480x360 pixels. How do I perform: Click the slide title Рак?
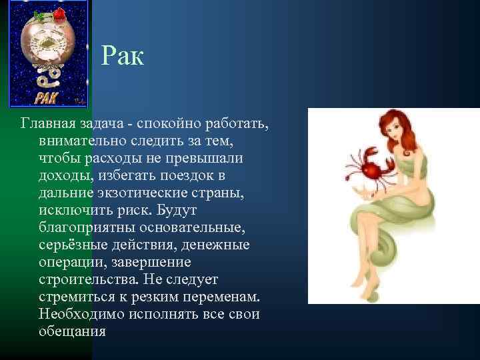123,57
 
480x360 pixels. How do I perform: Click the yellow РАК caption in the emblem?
46,99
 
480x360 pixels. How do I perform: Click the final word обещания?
73,332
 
